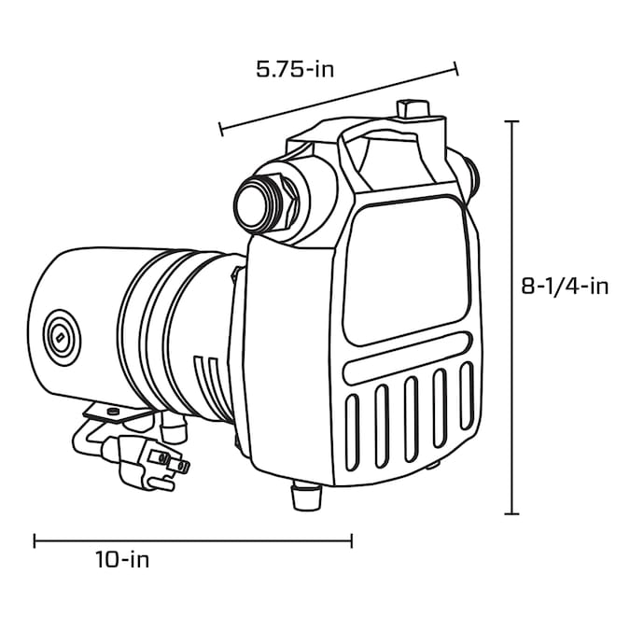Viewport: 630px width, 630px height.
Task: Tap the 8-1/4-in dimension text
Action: pyautogui.click(x=565, y=287)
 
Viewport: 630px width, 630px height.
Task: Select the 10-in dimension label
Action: pyautogui.click(x=122, y=560)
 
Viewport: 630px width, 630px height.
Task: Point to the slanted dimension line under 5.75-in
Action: pyautogui.click(x=339, y=98)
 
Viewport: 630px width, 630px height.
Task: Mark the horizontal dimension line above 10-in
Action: pyautogui.click(x=192, y=539)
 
